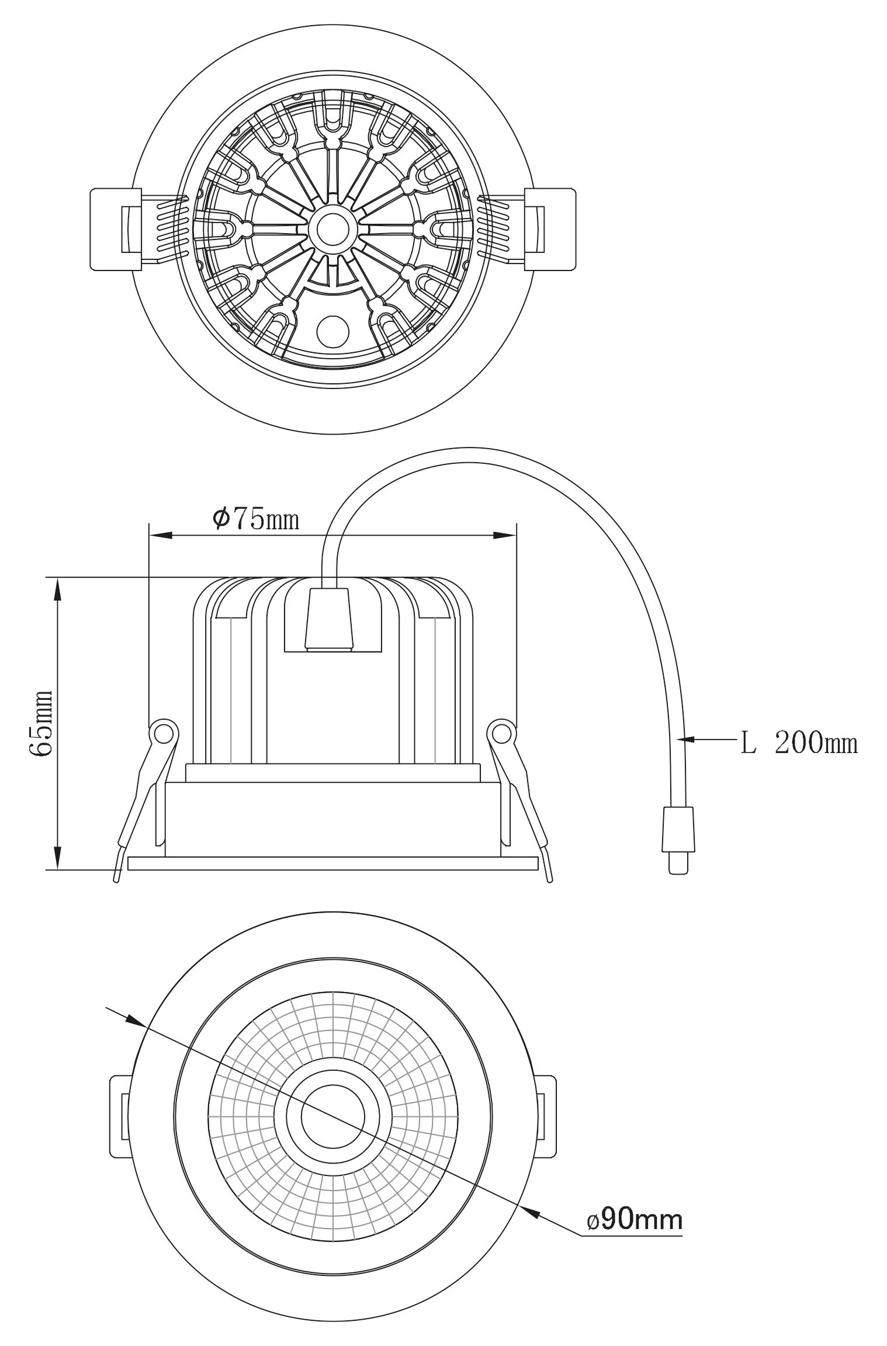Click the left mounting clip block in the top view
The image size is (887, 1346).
pyautogui.click(x=116, y=230)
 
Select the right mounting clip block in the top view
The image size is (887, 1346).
pyautogui.click(x=549, y=230)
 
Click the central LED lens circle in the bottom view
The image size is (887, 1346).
pyautogui.click(x=332, y=1116)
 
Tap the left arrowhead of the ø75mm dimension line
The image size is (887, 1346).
pyautogui.click(x=161, y=535)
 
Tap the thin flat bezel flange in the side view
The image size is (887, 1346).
pyautogui.click(x=332, y=863)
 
